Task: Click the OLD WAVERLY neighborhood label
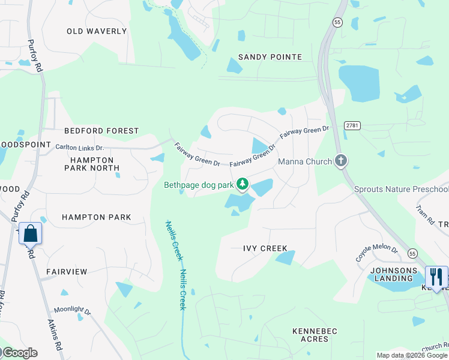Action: (97, 31)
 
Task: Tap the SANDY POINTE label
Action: (270, 57)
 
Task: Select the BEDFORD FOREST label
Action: (101, 131)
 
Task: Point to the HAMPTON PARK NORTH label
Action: (92, 164)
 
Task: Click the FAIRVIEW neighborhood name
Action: (67, 272)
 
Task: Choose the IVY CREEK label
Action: (265, 248)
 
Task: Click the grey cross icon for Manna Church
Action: (341, 161)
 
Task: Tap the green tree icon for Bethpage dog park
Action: (243, 184)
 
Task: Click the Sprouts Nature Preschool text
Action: (400, 190)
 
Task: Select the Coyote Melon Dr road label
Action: (376, 252)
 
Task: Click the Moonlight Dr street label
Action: (72, 311)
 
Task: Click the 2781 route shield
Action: (353, 125)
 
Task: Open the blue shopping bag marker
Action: (31, 233)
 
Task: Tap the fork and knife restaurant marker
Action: (436, 277)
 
